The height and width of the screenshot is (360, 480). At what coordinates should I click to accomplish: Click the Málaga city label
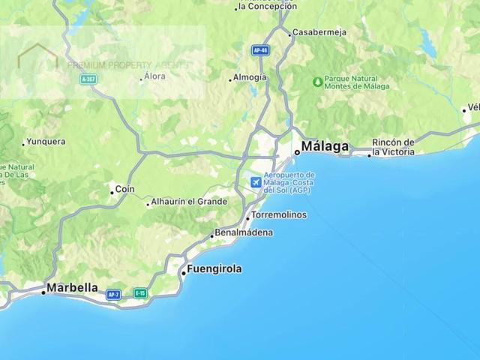(x=325, y=146)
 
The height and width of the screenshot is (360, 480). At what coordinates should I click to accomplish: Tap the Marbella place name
(x=72, y=287)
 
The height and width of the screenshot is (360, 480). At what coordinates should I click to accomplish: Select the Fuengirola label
(x=216, y=268)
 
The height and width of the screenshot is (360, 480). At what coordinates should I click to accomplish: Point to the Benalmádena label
(x=244, y=232)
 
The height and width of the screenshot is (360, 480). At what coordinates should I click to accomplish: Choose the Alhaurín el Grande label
(x=189, y=202)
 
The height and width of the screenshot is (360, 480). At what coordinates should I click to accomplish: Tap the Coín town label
(x=124, y=190)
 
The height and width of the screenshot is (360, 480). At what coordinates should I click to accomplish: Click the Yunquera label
(x=45, y=141)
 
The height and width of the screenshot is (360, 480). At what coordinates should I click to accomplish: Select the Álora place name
(x=154, y=76)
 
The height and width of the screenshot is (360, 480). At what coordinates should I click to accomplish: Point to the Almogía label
(x=250, y=76)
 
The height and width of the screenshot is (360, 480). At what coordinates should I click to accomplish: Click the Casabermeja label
(x=321, y=33)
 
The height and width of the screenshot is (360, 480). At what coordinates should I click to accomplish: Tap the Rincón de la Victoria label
(x=394, y=147)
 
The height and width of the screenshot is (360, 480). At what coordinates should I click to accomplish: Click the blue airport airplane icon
(x=256, y=181)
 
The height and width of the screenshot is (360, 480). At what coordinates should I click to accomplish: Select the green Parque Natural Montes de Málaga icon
(x=318, y=80)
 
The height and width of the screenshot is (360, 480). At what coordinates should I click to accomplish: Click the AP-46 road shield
(x=259, y=49)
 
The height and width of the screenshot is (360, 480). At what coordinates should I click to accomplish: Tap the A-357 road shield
(x=88, y=79)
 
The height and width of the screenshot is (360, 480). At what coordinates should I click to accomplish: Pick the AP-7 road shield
(x=114, y=295)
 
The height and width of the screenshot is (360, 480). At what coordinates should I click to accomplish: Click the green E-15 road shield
(x=139, y=293)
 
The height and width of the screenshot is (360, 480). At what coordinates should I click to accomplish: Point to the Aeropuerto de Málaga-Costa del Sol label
(x=289, y=182)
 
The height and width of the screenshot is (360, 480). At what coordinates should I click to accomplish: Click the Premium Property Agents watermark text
(x=127, y=64)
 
